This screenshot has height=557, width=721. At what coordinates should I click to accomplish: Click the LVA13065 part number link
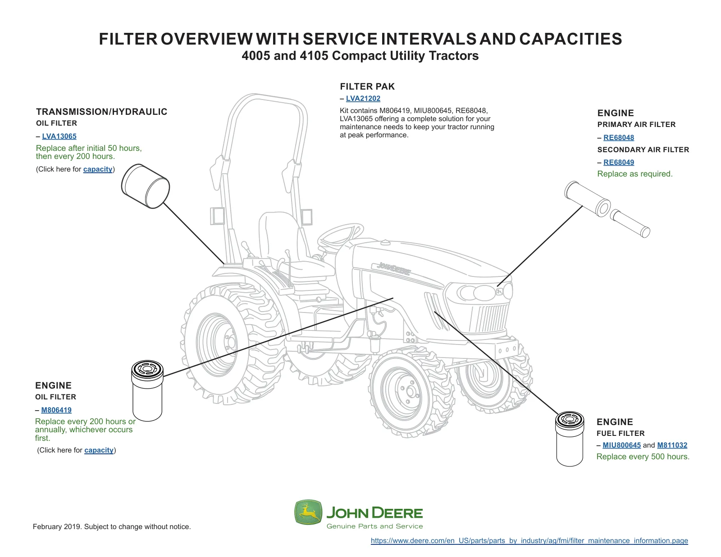click(x=59, y=136)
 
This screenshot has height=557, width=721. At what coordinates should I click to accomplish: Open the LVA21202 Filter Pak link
click(x=363, y=99)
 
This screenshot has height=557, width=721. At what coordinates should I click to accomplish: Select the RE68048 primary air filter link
click(x=618, y=138)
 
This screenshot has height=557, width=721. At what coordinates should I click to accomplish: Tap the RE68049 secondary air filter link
click(x=618, y=163)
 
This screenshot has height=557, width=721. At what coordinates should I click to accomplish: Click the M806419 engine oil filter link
click(x=56, y=410)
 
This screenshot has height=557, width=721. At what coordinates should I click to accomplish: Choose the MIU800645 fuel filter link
click(x=621, y=445)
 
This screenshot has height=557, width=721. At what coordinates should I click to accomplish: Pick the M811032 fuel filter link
click(x=672, y=445)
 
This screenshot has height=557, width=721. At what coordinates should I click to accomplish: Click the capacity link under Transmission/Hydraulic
click(x=98, y=169)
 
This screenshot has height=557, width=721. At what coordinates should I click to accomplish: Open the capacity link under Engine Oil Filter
click(x=99, y=450)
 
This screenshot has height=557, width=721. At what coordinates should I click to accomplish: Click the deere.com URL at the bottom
click(x=529, y=541)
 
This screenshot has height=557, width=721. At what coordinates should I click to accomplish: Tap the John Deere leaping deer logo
click(x=308, y=512)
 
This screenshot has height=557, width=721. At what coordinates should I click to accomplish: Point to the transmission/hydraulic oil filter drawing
click(x=146, y=186)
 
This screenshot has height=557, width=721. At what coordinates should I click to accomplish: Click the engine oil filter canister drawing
click(x=147, y=390)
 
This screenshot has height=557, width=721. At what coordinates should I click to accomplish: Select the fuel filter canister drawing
click(x=570, y=439)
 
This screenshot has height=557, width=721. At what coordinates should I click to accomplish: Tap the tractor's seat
click(x=292, y=245)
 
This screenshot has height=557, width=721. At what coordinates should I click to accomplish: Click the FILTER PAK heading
click(x=367, y=86)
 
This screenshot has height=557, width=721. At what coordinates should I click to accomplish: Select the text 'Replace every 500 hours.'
click(x=643, y=457)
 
